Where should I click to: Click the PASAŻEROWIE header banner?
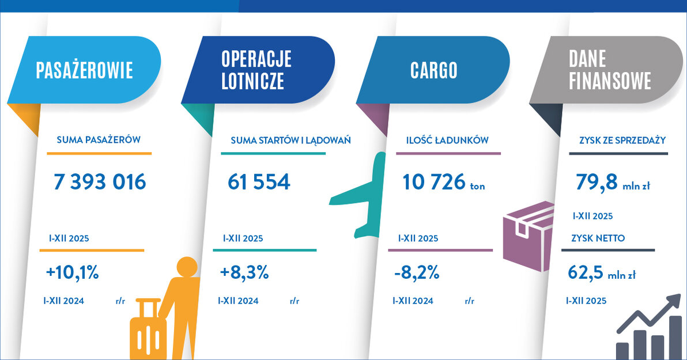click(85, 70)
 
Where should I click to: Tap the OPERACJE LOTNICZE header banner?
click(258, 70)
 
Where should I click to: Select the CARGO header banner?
click(433, 70)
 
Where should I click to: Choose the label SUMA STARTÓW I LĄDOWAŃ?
click(290, 140)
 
